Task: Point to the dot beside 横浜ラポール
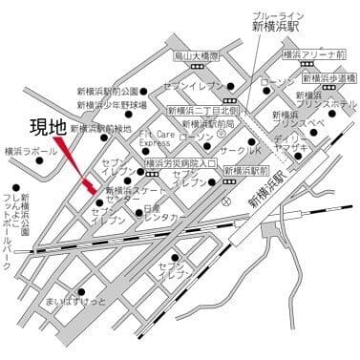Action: (39, 160)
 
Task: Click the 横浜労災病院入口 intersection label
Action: (180, 163)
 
